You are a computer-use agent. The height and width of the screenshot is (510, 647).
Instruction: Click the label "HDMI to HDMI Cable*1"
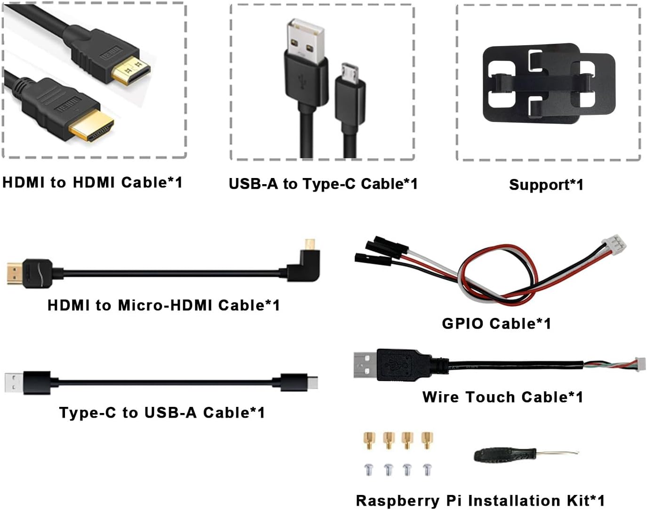pyautogui.click(x=92, y=183)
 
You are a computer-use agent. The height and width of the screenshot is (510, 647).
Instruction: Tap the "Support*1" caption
pyautogui.click(x=546, y=185)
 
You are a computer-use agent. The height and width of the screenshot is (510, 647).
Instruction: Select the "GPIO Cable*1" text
pyautogui.click(x=496, y=324)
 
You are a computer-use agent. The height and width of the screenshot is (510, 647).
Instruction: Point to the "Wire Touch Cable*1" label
pyautogui.click(x=503, y=397)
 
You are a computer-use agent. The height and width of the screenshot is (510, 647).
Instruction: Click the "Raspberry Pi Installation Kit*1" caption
pyautogui.click(x=480, y=501)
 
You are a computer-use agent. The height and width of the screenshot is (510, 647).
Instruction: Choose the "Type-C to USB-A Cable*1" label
pyautogui.click(x=162, y=413)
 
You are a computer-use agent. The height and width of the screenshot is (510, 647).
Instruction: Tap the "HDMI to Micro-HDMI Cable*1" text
pyautogui.click(x=164, y=305)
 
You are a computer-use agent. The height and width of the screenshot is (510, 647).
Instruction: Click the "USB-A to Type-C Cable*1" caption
pyautogui.click(x=323, y=184)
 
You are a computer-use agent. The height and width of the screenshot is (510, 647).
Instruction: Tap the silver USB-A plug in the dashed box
pyautogui.click(x=305, y=41)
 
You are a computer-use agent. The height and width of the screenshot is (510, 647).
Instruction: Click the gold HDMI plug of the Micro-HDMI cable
pyautogui.click(x=16, y=273)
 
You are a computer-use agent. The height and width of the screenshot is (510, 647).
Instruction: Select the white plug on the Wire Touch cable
pyautogui.click(x=641, y=364)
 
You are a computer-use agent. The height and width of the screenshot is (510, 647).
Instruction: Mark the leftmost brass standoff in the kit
pyautogui.click(x=369, y=440)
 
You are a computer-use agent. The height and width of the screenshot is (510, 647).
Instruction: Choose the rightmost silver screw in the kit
pyautogui.click(x=427, y=470)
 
